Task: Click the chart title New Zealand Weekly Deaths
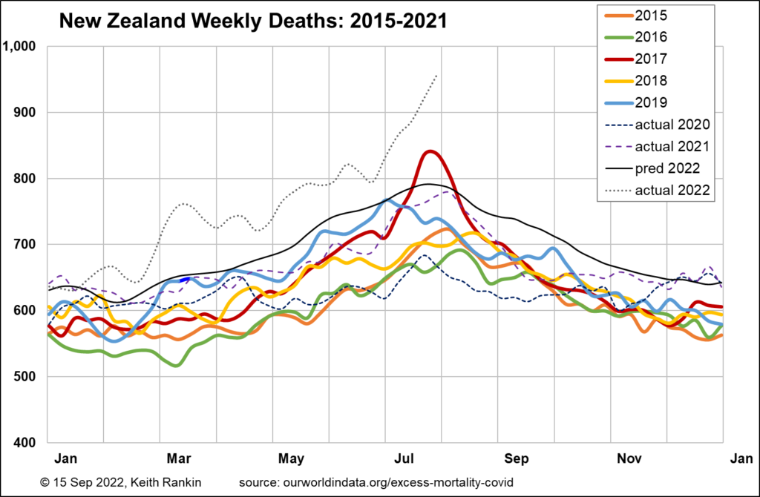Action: click(252, 22)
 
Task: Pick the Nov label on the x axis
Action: click(629, 458)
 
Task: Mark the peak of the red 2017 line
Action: click(430, 151)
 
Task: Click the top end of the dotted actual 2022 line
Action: click(436, 75)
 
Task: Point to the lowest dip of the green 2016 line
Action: click(176, 365)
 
